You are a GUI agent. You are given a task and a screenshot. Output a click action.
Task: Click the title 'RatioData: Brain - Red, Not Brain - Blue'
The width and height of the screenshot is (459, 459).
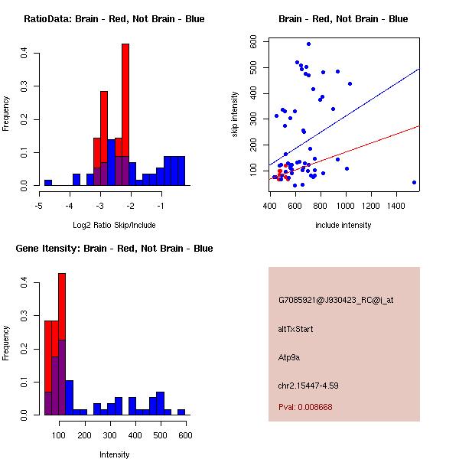(x=114, y=19)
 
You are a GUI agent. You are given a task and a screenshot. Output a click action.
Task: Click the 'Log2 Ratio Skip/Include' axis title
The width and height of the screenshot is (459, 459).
(x=114, y=224)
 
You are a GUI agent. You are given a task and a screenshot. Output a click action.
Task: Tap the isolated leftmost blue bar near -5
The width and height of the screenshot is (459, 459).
(x=47, y=183)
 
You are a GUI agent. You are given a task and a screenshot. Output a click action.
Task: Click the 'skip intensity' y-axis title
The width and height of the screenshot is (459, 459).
(x=235, y=115)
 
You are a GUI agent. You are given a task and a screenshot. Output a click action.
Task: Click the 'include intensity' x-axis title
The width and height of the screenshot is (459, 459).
(x=343, y=225)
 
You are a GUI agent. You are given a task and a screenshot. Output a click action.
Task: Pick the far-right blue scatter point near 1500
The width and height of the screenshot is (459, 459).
(x=414, y=182)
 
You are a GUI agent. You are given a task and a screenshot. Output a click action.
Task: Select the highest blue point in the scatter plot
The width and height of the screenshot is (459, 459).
(x=308, y=44)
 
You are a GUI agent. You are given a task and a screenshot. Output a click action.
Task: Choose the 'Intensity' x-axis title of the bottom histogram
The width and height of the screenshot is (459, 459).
(x=114, y=454)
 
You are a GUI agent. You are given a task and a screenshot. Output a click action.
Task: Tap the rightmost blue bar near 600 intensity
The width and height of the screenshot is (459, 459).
(x=181, y=412)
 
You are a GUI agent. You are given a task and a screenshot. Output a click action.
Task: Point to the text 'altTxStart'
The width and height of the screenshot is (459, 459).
(x=296, y=329)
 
